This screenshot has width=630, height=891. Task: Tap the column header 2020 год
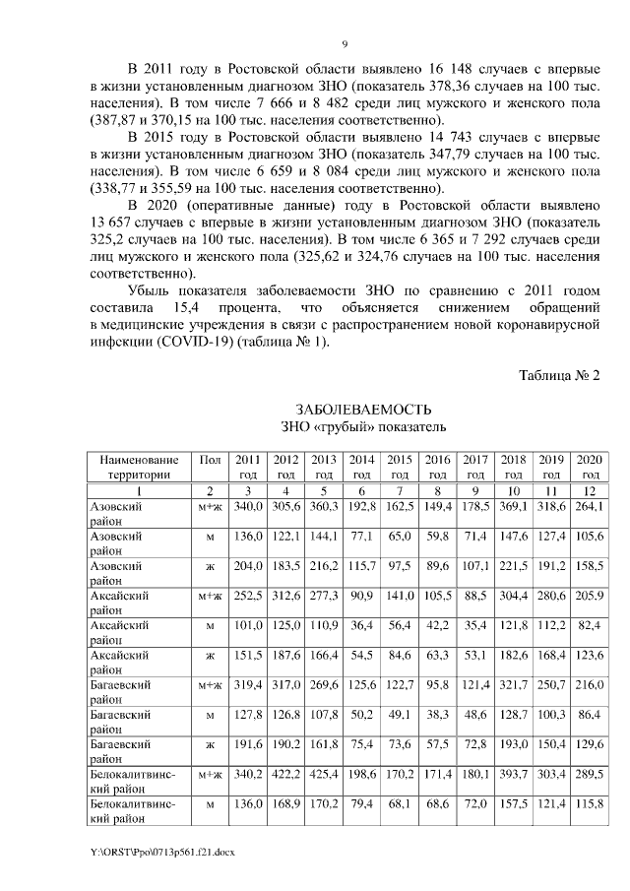tap(589, 466)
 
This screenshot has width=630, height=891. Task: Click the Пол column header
tap(209, 459)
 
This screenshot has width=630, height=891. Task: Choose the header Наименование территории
tap(139, 466)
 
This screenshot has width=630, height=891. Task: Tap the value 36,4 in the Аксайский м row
tap(361, 626)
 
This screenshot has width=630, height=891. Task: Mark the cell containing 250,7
tap(550, 687)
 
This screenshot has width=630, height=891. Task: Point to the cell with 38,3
tap(437, 717)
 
